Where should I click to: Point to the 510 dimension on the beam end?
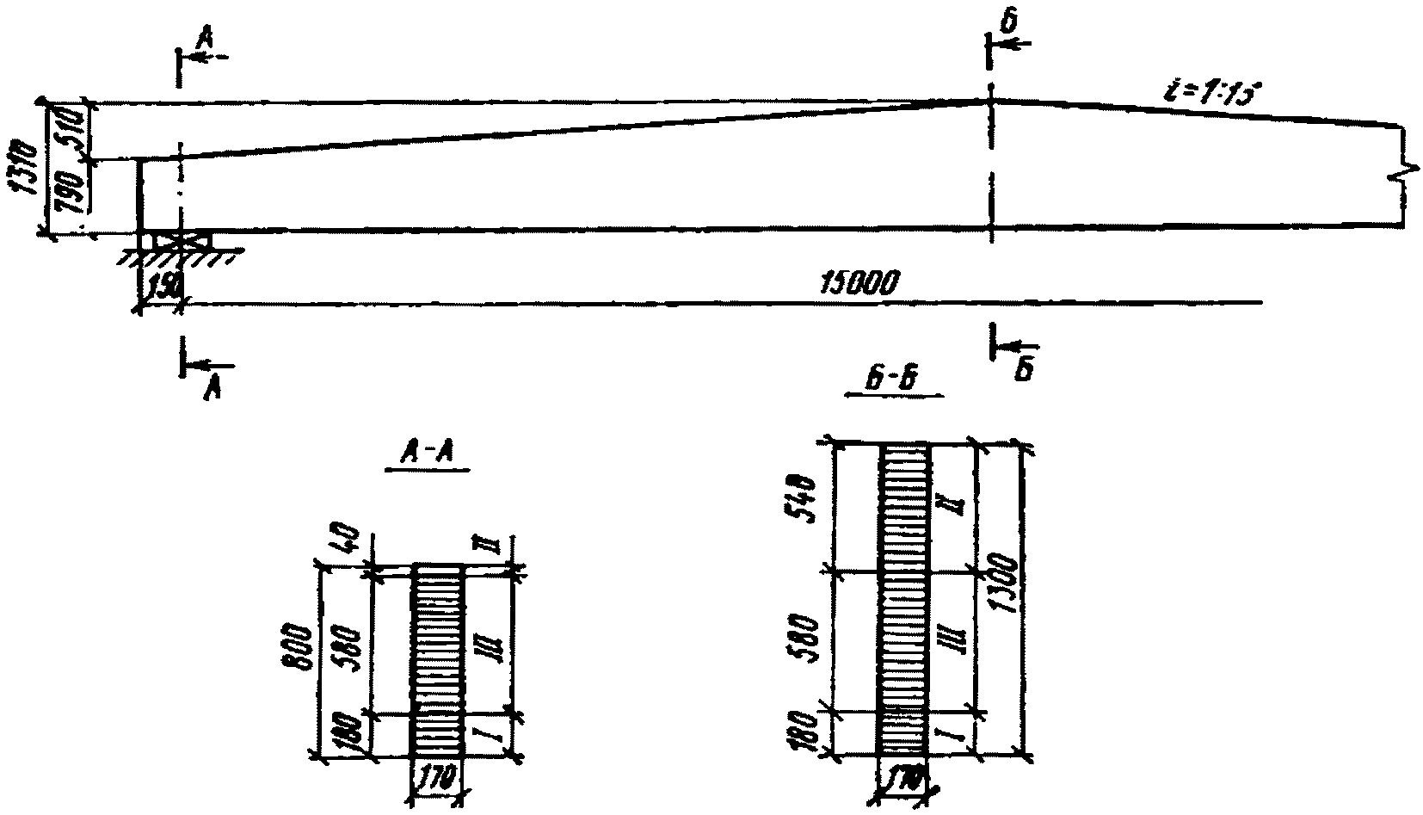click(x=74, y=130)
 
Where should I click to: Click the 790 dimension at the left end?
click(x=74, y=194)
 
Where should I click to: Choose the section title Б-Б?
click(x=895, y=381)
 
